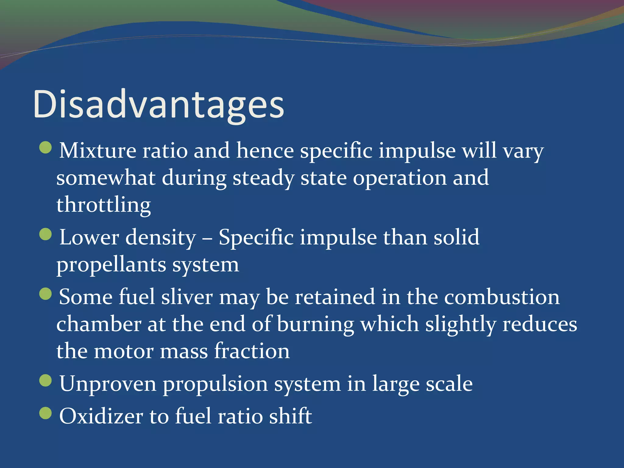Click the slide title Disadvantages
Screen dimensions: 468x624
point(158,104)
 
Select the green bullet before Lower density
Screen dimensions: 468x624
point(46,234)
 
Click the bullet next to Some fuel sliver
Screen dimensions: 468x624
point(46,294)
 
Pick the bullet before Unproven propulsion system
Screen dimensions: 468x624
point(46,381)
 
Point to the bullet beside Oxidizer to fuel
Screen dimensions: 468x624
point(46,413)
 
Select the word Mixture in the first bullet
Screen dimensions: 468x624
point(97,151)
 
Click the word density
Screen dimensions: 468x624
point(161,238)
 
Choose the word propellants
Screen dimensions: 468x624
point(111,265)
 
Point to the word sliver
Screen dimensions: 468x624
point(187,297)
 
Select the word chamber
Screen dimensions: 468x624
point(99,324)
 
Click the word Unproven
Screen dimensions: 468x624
point(108,384)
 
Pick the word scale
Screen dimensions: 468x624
point(449,384)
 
